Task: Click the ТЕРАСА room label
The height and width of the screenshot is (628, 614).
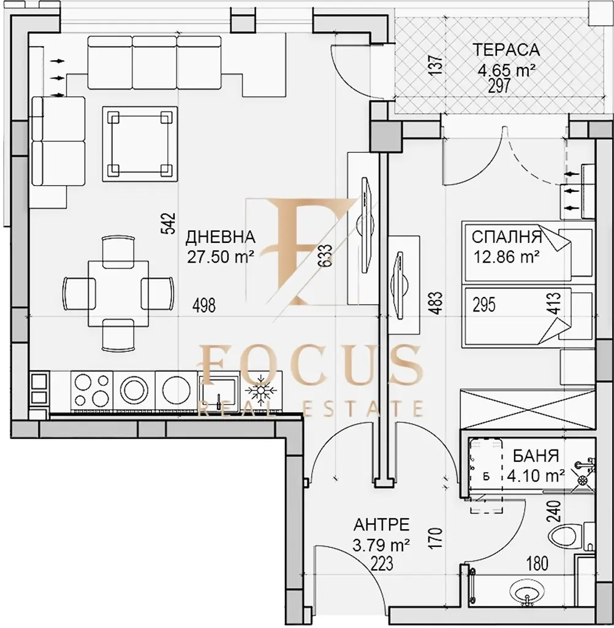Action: pyautogui.click(x=506, y=50)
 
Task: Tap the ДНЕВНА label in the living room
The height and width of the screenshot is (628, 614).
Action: pyautogui.click(x=220, y=237)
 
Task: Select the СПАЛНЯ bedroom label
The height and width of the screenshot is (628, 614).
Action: pyautogui.click(x=507, y=237)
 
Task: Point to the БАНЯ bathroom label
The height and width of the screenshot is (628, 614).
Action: pyautogui.click(x=536, y=456)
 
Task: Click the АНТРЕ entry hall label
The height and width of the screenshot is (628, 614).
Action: pyautogui.click(x=381, y=524)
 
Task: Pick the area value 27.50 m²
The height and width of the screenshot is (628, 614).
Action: pyautogui.click(x=221, y=257)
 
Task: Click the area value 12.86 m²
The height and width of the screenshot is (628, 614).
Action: pyautogui.click(x=506, y=257)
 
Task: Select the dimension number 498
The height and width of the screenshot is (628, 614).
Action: pyautogui.click(x=203, y=305)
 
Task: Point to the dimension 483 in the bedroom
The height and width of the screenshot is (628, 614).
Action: pyautogui.click(x=437, y=303)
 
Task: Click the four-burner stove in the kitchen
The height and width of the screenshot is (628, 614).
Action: pyautogui.click(x=92, y=390)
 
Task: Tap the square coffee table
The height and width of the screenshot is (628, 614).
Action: pyautogui.click(x=140, y=144)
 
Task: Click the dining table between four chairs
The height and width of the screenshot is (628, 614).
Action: pyautogui.click(x=118, y=293)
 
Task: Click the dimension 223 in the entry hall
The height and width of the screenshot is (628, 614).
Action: pyautogui.click(x=382, y=564)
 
